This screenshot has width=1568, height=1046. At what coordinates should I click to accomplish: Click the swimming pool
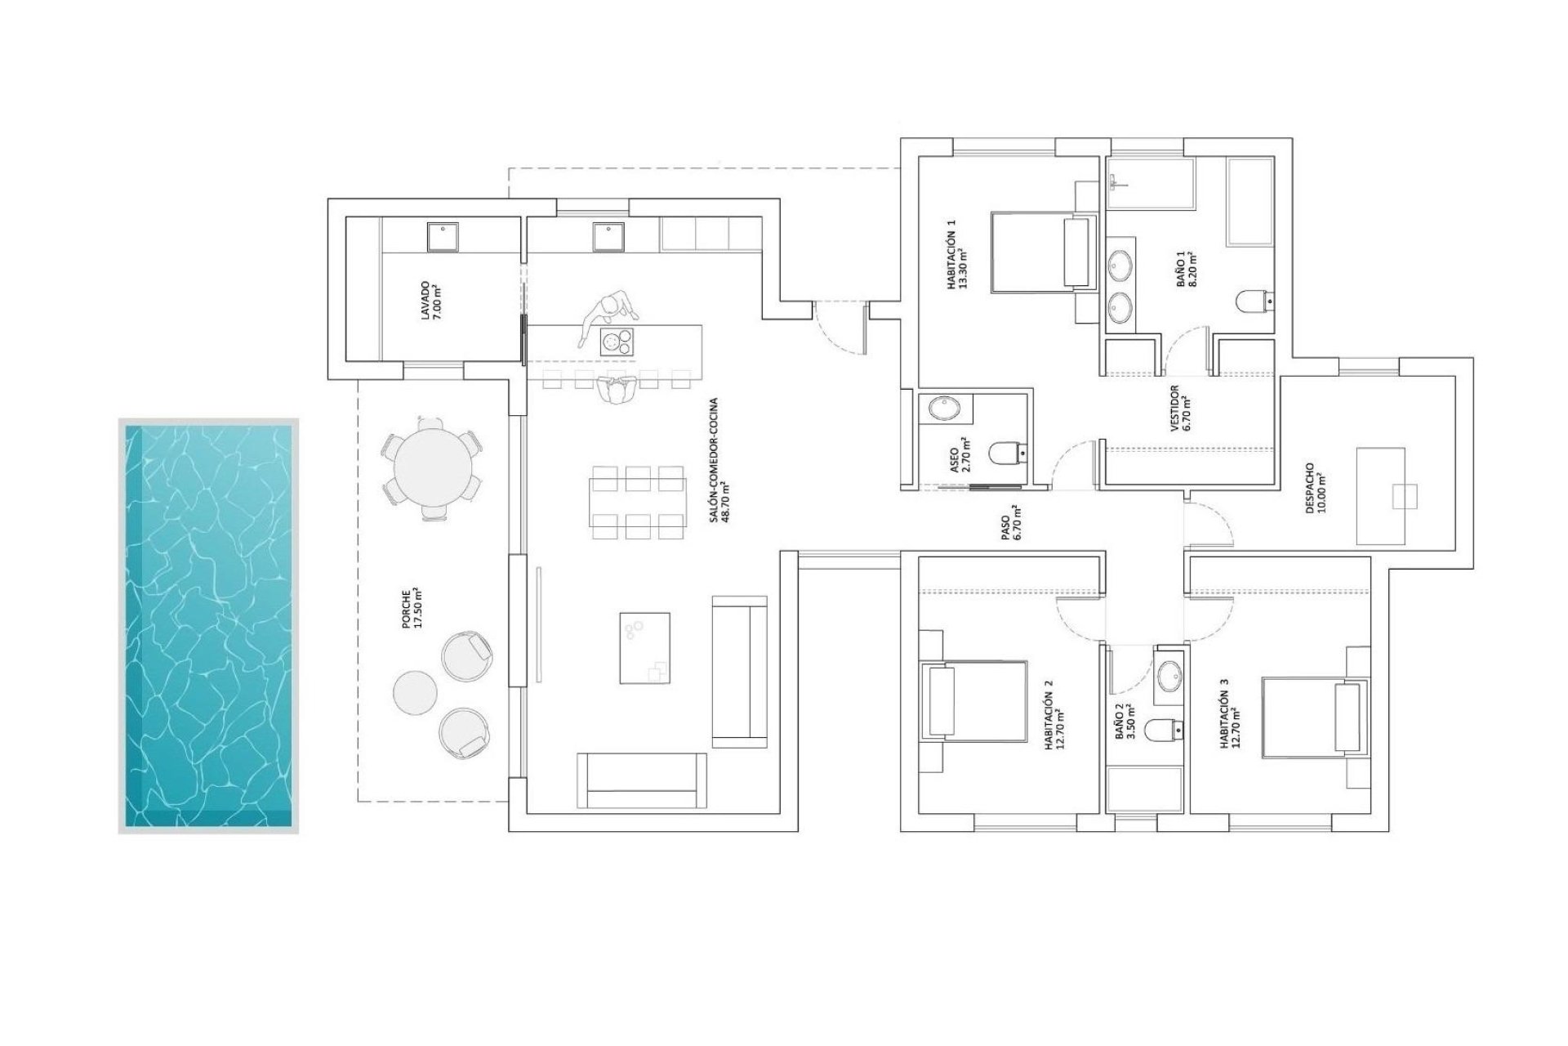(208, 625)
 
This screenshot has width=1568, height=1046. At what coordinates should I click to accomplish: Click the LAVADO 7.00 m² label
(430, 300)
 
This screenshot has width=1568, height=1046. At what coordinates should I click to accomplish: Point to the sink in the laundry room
(443, 237)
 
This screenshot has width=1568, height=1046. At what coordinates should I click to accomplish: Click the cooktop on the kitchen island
(617, 341)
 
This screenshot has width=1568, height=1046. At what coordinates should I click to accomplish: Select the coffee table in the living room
(645, 647)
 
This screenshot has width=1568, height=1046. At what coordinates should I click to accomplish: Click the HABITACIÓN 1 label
(956, 255)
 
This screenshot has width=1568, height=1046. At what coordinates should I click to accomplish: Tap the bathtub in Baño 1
(1249, 202)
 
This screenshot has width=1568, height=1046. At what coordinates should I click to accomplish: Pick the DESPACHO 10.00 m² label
(1316, 488)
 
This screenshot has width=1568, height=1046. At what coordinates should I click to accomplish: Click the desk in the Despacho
(1380, 495)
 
